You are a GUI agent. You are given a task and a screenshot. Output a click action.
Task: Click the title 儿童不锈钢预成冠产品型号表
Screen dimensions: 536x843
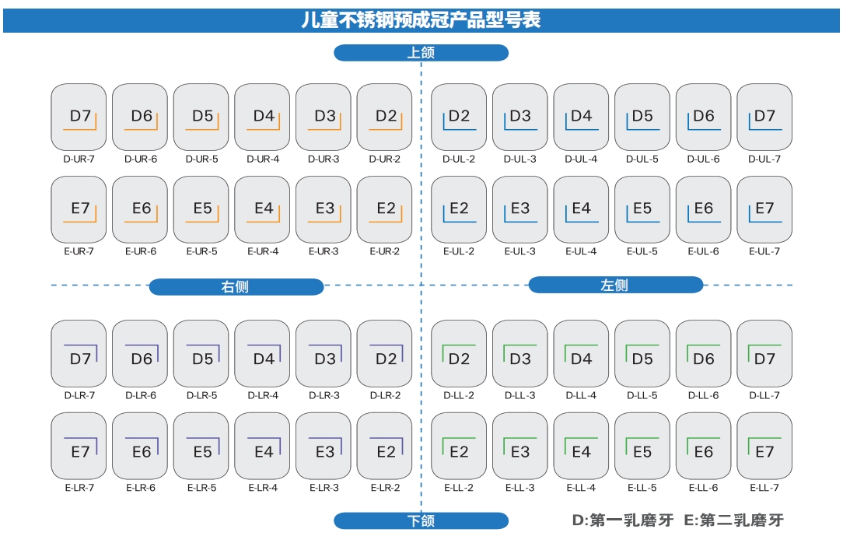coord(421,20)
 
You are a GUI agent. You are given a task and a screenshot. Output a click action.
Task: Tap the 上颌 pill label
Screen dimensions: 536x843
coord(421,53)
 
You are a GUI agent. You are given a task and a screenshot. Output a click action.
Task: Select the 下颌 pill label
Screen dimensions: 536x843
coord(421,520)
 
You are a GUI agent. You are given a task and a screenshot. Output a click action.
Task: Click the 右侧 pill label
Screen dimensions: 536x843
coord(236,287)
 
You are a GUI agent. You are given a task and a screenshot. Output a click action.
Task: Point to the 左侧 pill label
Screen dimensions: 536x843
coord(615,285)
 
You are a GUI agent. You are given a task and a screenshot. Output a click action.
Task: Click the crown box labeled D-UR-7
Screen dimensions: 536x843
coord(79,117)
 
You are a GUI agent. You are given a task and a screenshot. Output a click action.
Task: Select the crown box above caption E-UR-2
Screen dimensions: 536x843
coord(384,209)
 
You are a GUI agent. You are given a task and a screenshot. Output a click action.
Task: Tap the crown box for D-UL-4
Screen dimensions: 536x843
coord(581,117)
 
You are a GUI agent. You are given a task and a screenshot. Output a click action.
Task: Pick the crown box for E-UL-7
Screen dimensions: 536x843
coord(764,209)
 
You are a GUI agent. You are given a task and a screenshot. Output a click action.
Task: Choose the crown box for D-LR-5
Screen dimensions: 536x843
coord(201,354)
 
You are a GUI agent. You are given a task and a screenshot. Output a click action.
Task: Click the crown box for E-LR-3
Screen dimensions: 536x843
coord(324,447)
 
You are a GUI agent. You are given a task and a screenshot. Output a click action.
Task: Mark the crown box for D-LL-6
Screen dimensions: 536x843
coord(703,354)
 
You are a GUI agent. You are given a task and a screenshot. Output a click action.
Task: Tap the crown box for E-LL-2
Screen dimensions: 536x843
coord(459,447)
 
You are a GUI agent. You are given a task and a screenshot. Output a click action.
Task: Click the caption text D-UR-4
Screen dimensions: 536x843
coord(262,159)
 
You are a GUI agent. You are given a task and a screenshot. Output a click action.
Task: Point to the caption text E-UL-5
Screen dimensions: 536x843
coord(642,251)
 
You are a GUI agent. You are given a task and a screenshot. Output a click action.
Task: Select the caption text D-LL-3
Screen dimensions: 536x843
coord(520,395)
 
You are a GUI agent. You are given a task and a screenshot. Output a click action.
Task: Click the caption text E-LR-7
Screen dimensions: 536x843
coord(79,488)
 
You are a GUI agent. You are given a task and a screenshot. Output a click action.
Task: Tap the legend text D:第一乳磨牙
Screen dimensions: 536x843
coord(622,520)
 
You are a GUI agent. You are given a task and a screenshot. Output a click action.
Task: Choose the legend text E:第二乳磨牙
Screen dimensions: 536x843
coord(733,520)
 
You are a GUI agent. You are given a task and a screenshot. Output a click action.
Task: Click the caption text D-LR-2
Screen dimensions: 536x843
coord(385,395)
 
